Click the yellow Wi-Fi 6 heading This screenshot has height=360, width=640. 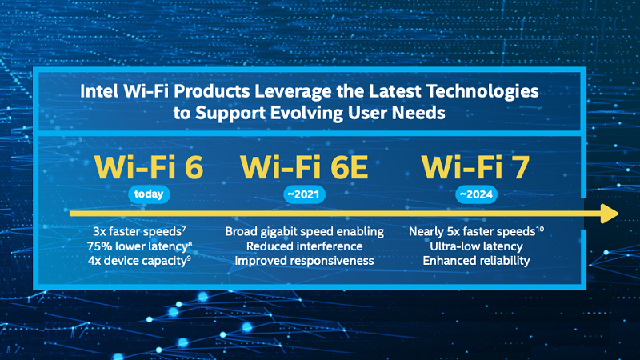pyautogui.click(x=149, y=167)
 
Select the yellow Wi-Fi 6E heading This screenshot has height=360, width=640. pyautogui.click(x=304, y=167)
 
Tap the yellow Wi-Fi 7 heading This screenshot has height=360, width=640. pyautogui.click(x=475, y=167)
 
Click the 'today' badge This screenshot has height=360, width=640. pyautogui.click(x=149, y=194)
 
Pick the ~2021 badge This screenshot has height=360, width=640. pyautogui.click(x=304, y=194)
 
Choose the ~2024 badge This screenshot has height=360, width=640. pyautogui.click(x=476, y=194)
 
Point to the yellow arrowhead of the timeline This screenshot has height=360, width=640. pyautogui.click(x=610, y=214)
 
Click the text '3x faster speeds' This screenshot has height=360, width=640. pyautogui.click(x=137, y=232)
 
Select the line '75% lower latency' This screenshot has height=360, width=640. pyautogui.click(x=137, y=246)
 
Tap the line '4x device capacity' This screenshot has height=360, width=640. pyautogui.click(x=137, y=261)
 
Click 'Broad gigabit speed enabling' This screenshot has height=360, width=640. pyautogui.click(x=305, y=232)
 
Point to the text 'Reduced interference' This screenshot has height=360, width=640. pyautogui.click(x=305, y=246)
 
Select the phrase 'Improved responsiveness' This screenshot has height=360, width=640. pyautogui.click(x=305, y=261)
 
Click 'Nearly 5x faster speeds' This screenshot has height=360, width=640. pyautogui.click(x=472, y=232)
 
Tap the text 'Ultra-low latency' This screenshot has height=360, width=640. pyautogui.click(x=476, y=246)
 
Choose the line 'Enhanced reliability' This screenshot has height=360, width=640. pyautogui.click(x=476, y=261)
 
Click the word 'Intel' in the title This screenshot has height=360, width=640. pyautogui.click(x=98, y=91)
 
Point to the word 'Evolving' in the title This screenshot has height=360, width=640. pyautogui.click(x=309, y=113)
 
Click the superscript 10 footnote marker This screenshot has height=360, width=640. pyautogui.click(x=539, y=229)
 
